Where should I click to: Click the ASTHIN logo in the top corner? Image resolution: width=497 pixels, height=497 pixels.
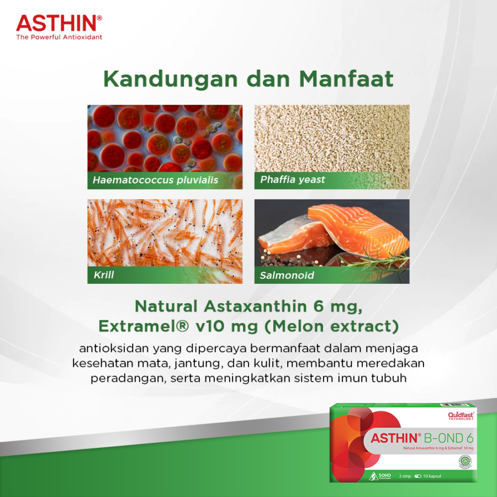click(x=58, y=23)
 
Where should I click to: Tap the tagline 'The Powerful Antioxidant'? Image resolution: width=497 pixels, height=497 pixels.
click(x=59, y=37)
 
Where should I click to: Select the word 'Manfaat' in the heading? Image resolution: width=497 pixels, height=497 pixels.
click(x=346, y=79)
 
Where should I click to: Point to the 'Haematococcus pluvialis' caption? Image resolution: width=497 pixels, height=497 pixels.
click(x=155, y=180)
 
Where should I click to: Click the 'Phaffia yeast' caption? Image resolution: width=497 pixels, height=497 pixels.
click(x=293, y=179)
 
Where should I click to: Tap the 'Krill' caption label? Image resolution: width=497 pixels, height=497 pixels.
click(x=104, y=274)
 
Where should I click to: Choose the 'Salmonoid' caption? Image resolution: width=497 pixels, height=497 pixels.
click(x=287, y=275)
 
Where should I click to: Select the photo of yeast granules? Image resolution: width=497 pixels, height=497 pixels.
click(x=331, y=138)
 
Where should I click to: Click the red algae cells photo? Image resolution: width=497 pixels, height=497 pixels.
click(x=165, y=138)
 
